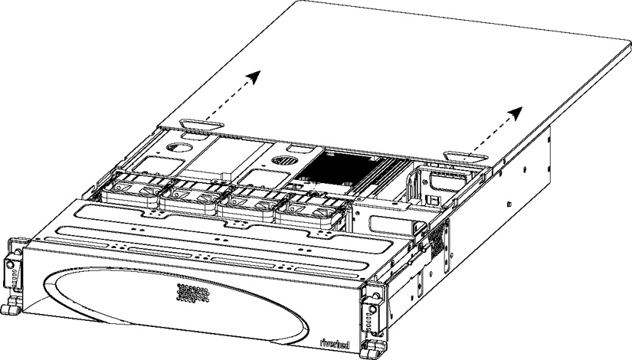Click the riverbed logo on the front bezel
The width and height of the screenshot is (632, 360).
[335, 343]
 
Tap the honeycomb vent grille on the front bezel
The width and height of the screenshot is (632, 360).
[193, 293]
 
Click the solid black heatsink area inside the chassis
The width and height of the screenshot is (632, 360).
[339, 167]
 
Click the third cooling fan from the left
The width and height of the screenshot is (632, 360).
[251, 205]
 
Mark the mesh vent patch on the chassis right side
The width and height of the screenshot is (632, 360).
[438, 239]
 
